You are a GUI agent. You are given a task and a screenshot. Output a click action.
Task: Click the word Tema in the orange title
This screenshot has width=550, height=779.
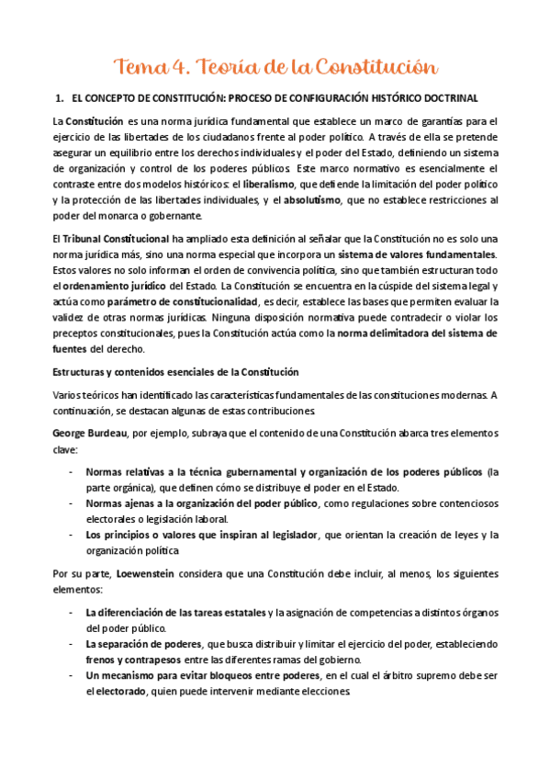(138, 66)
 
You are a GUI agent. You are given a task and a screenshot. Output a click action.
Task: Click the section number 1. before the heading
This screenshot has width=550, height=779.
(60, 97)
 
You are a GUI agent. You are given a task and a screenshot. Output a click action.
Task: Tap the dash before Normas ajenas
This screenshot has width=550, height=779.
(72, 503)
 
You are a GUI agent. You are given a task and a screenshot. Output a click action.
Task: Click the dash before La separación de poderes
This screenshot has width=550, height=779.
(72, 643)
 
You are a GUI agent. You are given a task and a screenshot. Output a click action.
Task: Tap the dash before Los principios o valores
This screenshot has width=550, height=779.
(72, 535)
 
